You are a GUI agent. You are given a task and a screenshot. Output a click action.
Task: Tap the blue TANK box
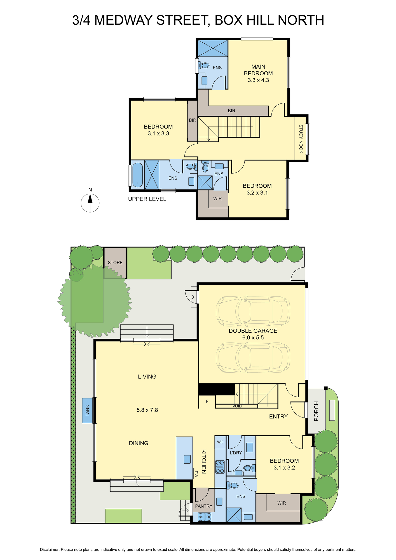click(87, 410)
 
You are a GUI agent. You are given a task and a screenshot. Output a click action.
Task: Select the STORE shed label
click(115, 263)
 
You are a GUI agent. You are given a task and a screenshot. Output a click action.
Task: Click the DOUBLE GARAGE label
click(253, 331)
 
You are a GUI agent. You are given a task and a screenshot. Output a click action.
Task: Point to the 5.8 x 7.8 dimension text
click(147, 410)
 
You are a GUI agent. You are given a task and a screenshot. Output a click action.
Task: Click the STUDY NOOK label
click(301, 139)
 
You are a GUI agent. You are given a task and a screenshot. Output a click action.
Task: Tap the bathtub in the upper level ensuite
click(137, 175)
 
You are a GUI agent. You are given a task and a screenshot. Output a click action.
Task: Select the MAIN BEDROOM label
click(258, 70)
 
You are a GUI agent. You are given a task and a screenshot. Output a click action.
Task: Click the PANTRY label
click(204, 506)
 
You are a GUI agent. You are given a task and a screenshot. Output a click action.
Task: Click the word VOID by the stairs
click(237, 406)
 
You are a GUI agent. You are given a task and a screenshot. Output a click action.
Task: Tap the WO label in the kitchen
click(220, 442)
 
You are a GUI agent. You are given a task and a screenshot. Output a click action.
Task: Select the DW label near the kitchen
click(196, 474)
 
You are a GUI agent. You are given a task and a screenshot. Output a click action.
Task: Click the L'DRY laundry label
click(236, 453)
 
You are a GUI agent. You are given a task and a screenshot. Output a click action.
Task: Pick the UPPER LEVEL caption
click(147, 199)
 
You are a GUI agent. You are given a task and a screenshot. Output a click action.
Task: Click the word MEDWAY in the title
click(124, 20)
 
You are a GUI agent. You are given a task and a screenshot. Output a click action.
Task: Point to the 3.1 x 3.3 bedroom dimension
click(158, 134)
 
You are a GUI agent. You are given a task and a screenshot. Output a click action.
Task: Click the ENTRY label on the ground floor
click(278, 416)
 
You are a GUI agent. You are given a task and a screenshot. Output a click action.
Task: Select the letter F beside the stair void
click(207, 402)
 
